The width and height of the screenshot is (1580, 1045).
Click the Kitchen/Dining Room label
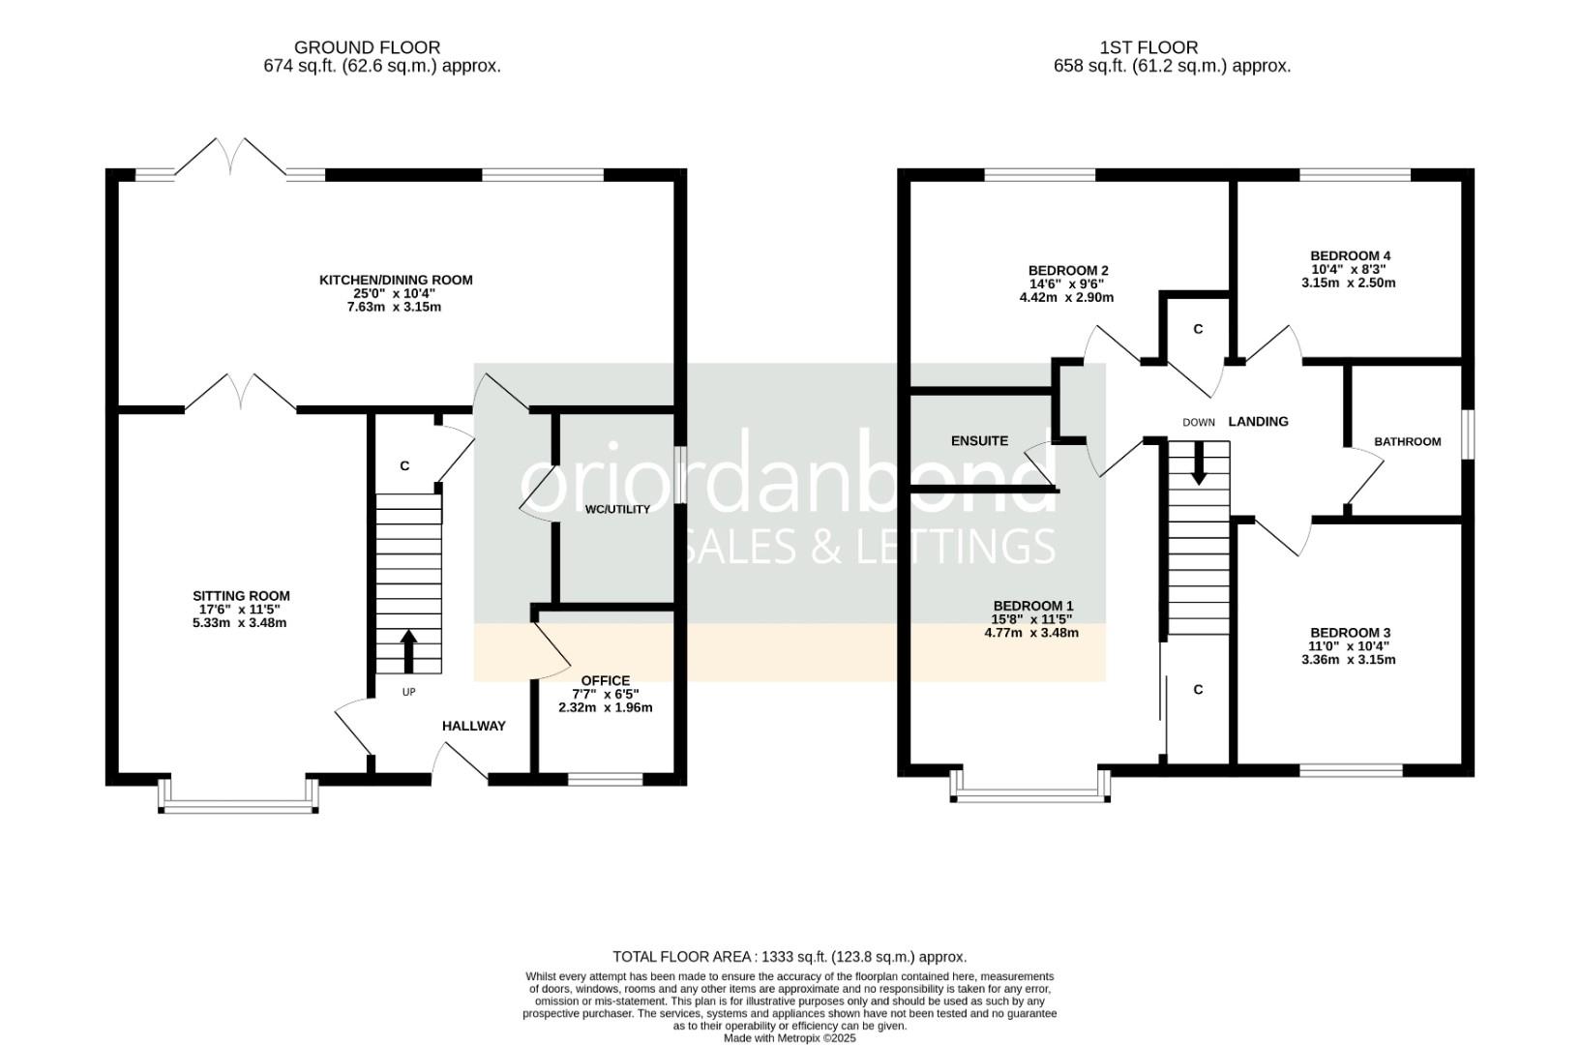pyautogui.click(x=396, y=281)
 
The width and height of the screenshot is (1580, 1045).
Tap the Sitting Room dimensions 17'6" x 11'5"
pyautogui.click(x=240, y=610)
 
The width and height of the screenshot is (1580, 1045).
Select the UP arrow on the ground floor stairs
pyautogui.click(x=408, y=651)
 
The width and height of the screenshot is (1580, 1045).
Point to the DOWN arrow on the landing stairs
pyautogui.click(x=1198, y=463)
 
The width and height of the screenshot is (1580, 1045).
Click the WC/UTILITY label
pyautogui.click(x=617, y=509)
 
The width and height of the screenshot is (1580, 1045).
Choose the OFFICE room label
pyautogui.click(x=605, y=680)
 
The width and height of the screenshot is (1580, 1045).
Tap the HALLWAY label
pyautogui.click(x=473, y=726)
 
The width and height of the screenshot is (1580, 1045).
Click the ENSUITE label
pyautogui.click(x=979, y=441)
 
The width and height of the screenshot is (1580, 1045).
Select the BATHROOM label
pyautogui.click(x=1407, y=441)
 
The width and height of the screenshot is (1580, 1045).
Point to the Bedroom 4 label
pyautogui.click(x=1351, y=256)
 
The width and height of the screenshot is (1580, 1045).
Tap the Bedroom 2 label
pyautogui.click(x=1067, y=271)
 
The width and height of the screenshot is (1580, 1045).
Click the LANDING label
pyautogui.click(x=1258, y=422)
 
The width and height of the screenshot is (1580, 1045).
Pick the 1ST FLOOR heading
pyautogui.click(x=1148, y=47)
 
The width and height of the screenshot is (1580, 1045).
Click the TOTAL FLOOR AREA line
pyautogui.click(x=790, y=956)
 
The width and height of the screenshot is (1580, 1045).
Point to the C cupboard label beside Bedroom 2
pyautogui.click(x=1198, y=330)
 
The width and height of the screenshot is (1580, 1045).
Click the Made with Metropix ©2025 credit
pyautogui.click(x=790, y=1038)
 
